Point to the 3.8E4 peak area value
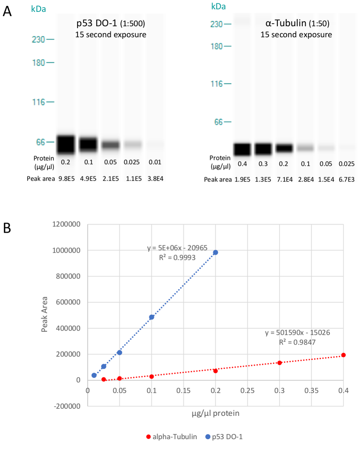point(155,179)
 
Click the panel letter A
point(7,12)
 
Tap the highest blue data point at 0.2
point(216,252)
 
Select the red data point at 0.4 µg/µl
point(343,355)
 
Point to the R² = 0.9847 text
point(298,342)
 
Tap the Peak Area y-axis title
point(45,315)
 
